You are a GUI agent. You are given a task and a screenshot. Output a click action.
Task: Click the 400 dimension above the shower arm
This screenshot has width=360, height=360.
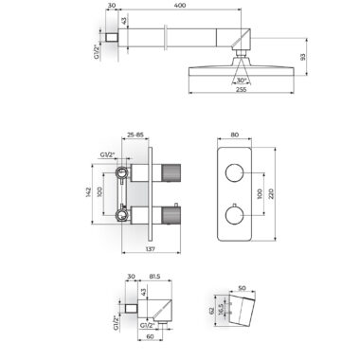180,6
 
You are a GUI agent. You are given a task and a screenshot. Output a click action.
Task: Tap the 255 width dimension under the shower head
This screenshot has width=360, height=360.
241,89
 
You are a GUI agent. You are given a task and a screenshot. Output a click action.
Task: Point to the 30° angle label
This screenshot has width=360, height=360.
242,81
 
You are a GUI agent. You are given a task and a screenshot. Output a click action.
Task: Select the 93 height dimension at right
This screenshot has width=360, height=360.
303,57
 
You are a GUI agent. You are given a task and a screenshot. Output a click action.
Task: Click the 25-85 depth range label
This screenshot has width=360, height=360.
135,135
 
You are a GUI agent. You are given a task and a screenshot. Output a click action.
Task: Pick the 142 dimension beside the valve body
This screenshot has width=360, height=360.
88,192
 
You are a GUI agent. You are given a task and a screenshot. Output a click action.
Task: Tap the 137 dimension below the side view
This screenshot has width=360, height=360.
151,249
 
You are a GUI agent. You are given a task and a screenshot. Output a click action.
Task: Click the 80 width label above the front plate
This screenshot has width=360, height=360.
234,135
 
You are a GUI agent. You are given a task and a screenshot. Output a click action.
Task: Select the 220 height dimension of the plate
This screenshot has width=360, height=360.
271,193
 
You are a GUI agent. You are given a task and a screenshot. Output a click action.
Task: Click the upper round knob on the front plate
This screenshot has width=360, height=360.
234,173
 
